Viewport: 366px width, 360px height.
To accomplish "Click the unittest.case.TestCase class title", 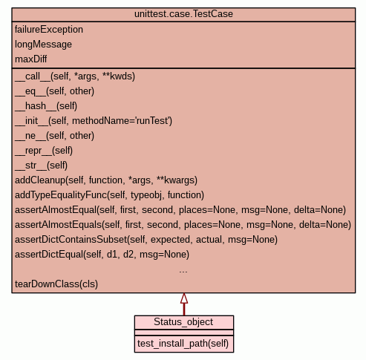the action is [x=183, y=14].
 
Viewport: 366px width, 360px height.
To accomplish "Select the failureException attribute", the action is [x=49, y=30].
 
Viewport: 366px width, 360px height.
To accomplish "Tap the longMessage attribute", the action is [x=43, y=45].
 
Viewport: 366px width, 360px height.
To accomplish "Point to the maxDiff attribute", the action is [x=30, y=59].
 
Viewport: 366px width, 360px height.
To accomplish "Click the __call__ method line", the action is [x=75, y=76].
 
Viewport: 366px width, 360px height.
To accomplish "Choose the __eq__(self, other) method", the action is [x=54, y=91].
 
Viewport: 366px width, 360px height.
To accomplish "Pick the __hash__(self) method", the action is [x=46, y=106].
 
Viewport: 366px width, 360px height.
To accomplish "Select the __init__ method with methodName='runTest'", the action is [x=94, y=121].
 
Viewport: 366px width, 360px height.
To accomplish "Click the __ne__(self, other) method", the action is [x=54, y=136].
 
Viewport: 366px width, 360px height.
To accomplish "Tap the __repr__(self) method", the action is [x=44, y=151].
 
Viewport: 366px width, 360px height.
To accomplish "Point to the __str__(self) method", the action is [x=41, y=166].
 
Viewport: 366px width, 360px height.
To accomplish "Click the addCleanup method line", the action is [x=106, y=180].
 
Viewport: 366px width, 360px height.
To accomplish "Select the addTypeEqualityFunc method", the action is [x=109, y=195].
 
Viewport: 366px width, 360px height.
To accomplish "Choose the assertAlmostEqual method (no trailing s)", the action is [x=180, y=210].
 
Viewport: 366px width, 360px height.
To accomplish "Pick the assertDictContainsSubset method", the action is [x=146, y=240].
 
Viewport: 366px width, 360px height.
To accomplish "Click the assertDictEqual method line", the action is [x=102, y=255].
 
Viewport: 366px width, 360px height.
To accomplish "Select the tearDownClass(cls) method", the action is [x=56, y=284].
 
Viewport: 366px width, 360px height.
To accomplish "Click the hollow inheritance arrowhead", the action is [x=184, y=298].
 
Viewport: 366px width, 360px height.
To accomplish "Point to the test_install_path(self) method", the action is [x=183, y=344].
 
